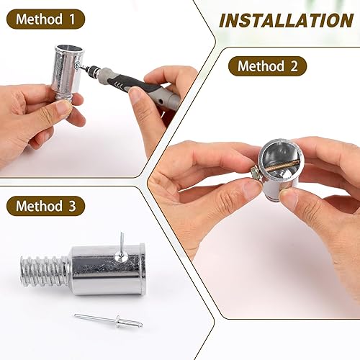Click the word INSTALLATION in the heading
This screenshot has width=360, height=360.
286,19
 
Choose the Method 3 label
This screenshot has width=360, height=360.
45,207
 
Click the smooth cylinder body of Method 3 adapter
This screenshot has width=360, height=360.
108,270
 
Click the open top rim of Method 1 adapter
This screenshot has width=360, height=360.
67,49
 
